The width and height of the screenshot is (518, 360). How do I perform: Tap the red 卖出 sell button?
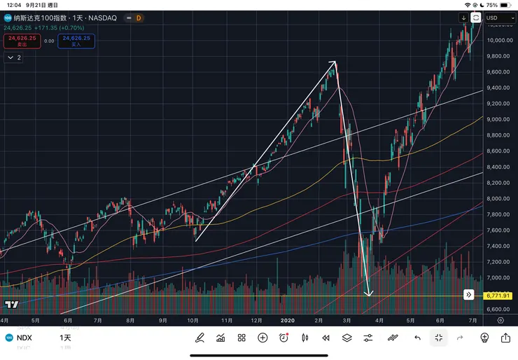click(x=22, y=41)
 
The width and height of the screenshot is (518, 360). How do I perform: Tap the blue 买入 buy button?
click(x=77, y=41)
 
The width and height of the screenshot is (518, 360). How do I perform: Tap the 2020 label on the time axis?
click(x=287, y=319)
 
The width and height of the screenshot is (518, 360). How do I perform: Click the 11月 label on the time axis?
click(x=226, y=319)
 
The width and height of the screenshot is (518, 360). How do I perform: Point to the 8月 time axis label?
click(x=130, y=319)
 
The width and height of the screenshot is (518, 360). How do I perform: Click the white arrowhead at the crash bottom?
click(x=369, y=292)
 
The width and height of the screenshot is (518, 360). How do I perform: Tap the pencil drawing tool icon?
click(x=199, y=338)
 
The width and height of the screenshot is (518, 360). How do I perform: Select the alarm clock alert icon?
click(x=283, y=338)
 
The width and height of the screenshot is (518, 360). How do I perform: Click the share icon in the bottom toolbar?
click(x=505, y=338)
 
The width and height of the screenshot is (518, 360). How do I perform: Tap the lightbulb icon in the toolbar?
click(x=484, y=338)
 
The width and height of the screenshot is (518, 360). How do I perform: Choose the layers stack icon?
click(x=346, y=338)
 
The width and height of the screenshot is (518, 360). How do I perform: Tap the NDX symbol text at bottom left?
click(x=24, y=338)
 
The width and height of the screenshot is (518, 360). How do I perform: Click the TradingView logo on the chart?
click(x=11, y=305)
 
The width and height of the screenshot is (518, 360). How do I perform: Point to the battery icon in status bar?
click(x=506, y=4)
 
